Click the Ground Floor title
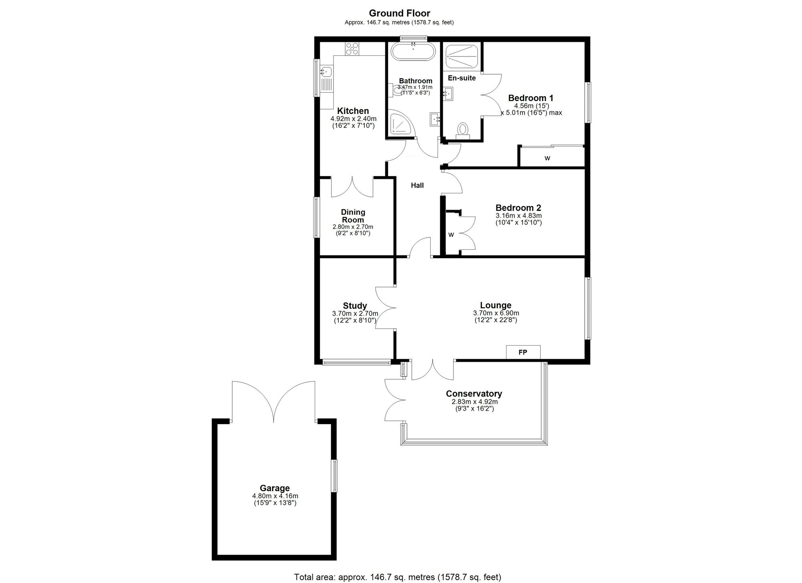click(x=399, y=13)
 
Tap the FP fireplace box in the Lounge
click(x=523, y=352)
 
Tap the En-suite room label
click(x=462, y=78)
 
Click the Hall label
click(x=417, y=185)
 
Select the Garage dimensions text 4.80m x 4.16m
click(x=275, y=496)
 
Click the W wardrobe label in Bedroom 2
click(x=451, y=235)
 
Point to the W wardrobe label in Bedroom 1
click(x=547, y=158)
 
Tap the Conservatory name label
click(x=474, y=394)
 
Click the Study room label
click(x=355, y=306)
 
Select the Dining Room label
click(x=353, y=216)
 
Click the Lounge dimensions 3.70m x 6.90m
click(x=496, y=313)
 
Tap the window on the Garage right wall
click(x=334, y=476)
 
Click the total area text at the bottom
click(x=398, y=577)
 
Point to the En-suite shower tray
click(x=462, y=57)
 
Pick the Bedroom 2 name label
click(x=518, y=208)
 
